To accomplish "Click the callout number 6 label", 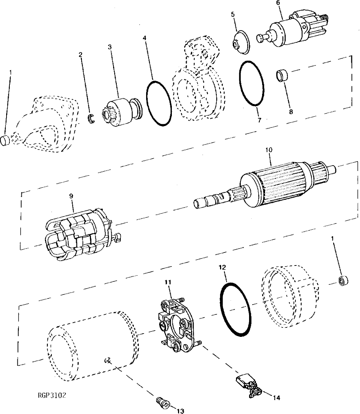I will [278, 3].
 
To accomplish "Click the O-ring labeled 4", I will [158, 103].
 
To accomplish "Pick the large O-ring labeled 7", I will [251, 83].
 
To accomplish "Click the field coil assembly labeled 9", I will [82, 236].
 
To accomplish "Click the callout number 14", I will [277, 398].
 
